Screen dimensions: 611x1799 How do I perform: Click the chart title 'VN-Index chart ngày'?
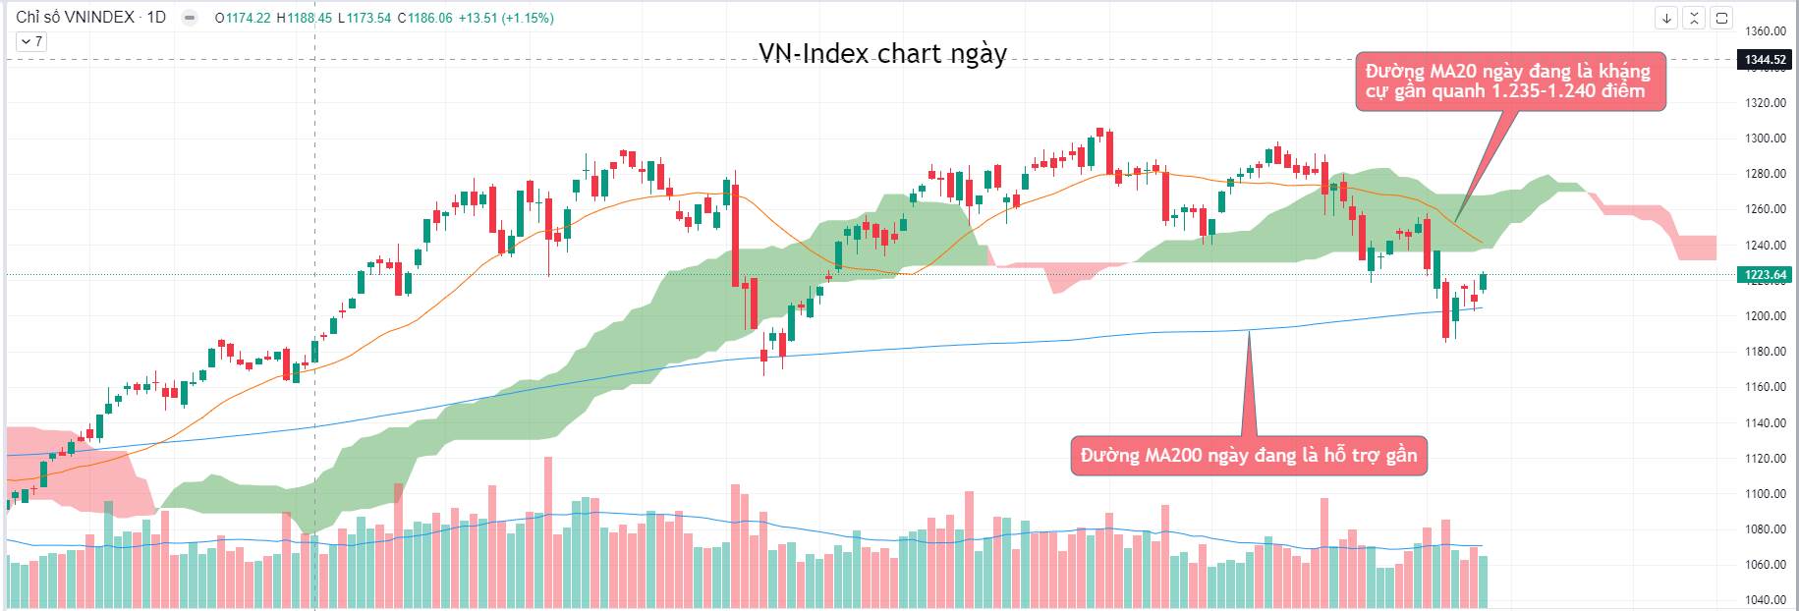[x=882, y=53]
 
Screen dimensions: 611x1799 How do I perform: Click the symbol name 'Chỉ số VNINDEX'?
[x=75, y=18]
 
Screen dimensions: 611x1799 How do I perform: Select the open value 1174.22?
[x=249, y=18]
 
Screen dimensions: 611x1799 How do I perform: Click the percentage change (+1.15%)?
[x=528, y=18]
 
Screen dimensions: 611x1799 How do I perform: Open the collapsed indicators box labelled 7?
[x=30, y=41]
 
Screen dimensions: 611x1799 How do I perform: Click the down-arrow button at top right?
[x=1667, y=18]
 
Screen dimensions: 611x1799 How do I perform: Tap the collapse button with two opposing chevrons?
[x=1694, y=18]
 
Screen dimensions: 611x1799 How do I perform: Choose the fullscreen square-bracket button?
[x=1721, y=18]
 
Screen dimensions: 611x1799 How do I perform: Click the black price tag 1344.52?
[x=1765, y=60]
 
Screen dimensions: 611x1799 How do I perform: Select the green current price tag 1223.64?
[x=1765, y=275]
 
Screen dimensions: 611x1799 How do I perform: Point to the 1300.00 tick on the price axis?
[x=1765, y=139]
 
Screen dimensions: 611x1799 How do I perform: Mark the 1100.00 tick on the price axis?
[x=1765, y=494]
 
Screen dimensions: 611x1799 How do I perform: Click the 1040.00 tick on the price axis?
[x=1765, y=600]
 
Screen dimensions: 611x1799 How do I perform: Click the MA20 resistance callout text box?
[x=1509, y=81]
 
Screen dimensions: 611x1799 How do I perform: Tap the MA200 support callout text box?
[x=1248, y=456]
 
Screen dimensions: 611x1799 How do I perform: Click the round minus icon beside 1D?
[x=190, y=18]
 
